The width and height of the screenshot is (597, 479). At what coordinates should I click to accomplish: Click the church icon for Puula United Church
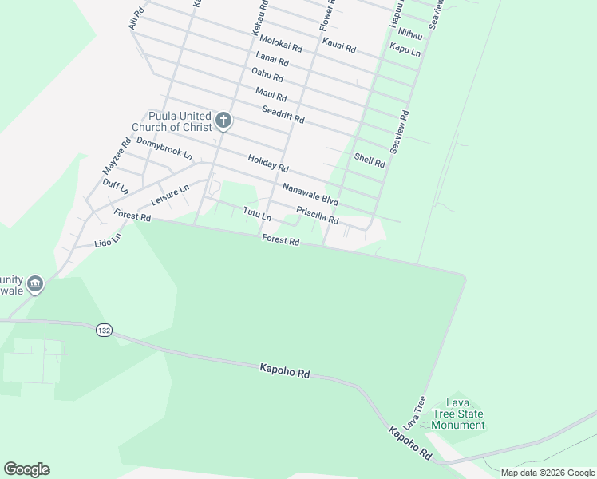[223, 121]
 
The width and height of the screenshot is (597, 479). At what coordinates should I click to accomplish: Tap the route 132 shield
[102, 330]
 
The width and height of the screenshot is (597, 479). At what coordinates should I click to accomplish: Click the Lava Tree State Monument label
[457, 414]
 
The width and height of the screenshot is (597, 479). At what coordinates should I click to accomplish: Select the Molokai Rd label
[281, 43]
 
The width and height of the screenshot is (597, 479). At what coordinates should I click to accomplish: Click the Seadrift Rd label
[283, 114]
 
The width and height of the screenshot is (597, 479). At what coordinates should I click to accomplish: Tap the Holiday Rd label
[267, 164]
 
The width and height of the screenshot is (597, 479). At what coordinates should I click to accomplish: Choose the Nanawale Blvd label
[310, 192]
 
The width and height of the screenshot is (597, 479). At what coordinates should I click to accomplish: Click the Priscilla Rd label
[318, 216]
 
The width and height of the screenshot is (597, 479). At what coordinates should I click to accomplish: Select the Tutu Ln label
[257, 214]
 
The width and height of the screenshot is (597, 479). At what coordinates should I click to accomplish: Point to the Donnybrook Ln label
[164, 147]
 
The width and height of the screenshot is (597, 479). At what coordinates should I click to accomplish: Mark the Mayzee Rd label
[117, 157]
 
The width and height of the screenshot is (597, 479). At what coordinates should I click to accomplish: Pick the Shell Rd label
[370, 160]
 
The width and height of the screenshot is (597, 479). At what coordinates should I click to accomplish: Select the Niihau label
[409, 34]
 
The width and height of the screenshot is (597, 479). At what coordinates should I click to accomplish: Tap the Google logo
[26, 469]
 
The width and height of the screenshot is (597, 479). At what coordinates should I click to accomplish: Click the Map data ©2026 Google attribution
[547, 473]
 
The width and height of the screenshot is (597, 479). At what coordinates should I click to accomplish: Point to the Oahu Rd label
[267, 75]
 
